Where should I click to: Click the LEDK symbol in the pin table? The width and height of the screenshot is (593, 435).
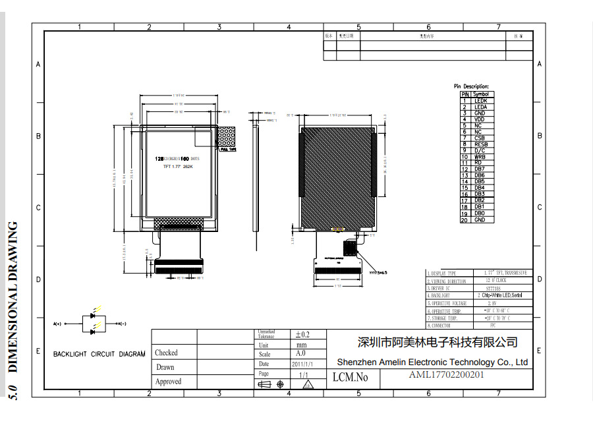pos(481,101)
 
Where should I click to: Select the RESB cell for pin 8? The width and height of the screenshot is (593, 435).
pos(481,144)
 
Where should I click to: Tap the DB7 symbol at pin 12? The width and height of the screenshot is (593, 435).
pos(480,169)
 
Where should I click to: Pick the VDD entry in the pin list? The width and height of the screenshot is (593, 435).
pos(480,119)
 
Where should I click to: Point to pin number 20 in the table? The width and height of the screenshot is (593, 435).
pos(464,219)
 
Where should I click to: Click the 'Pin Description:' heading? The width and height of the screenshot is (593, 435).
pos(471,86)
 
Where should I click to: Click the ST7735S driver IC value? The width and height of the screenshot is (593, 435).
pos(492,288)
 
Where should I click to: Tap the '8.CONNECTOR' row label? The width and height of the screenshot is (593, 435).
pos(439,326)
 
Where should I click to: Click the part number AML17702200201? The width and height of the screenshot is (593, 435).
pos(447,376)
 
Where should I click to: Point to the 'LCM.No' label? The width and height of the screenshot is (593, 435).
pos(351,378)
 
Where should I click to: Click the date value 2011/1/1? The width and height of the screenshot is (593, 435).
pos(302,364)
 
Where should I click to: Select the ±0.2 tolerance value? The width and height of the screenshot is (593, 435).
pos(302,335)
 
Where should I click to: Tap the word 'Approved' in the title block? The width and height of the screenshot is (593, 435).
pos(168,382)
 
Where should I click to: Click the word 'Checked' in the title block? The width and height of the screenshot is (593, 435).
pos(166,353)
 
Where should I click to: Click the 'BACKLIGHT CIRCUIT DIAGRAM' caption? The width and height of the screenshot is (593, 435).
pos(99,354)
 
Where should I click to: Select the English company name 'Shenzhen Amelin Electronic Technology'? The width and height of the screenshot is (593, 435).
pos(432,362)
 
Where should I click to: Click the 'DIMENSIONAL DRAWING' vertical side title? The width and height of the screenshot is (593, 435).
pos(13,297)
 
